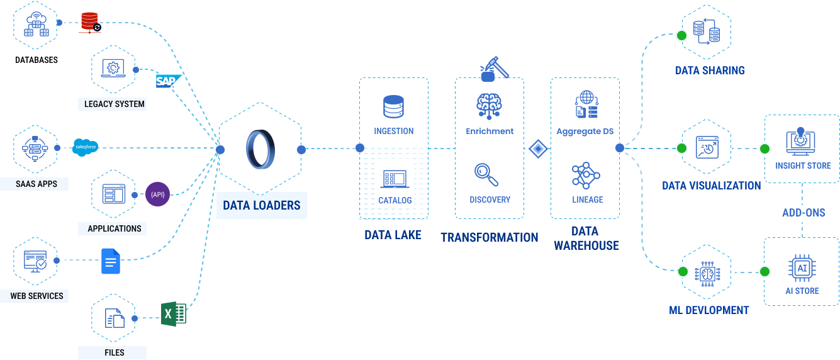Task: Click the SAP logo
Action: pos(167,81)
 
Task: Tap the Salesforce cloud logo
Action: pos(85,148)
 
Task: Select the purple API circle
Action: pos(157,194)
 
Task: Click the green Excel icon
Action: pos(173,313)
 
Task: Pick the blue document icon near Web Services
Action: pos(111,261)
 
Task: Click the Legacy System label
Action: pos(115,104)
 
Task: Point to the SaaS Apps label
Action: pos(36,184)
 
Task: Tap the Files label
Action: pos(114,352)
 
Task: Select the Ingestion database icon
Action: pos(393,107)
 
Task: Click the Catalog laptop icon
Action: pos(395,179)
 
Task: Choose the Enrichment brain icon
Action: pos(489,106)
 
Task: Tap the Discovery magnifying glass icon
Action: pos(486,174)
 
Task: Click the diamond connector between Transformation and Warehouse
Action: pos(537,149)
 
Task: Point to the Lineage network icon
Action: pos(586,175)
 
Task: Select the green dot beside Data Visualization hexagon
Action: pos(681,149)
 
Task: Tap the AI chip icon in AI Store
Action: pos(802,268)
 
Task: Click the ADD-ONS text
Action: pos(803,213)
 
